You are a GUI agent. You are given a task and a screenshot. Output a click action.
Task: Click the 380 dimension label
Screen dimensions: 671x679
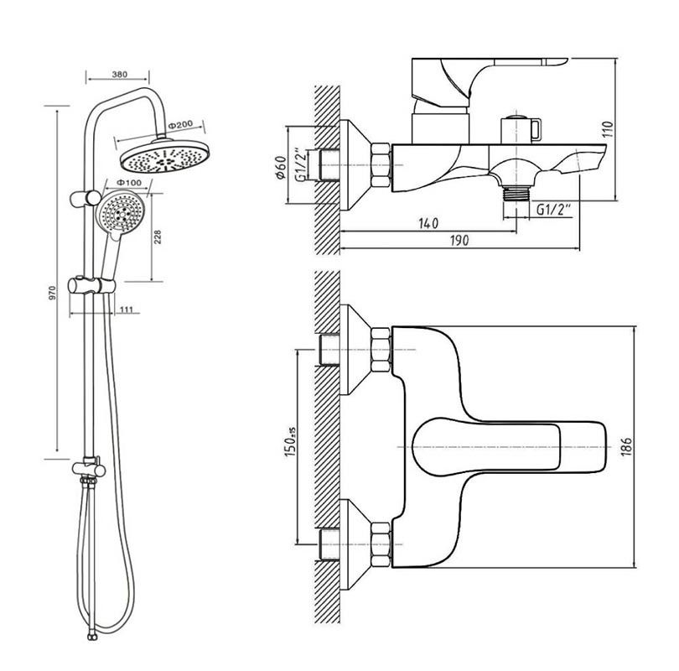pos(119,75)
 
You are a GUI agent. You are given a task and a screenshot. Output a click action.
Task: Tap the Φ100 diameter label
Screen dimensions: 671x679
pos(128,182)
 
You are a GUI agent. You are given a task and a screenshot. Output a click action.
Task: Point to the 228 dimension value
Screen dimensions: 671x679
pos(158,239)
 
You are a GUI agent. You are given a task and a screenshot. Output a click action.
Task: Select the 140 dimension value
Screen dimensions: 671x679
pos(427,223)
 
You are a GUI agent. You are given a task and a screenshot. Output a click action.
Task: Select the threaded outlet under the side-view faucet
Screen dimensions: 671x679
pos(515,192)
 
